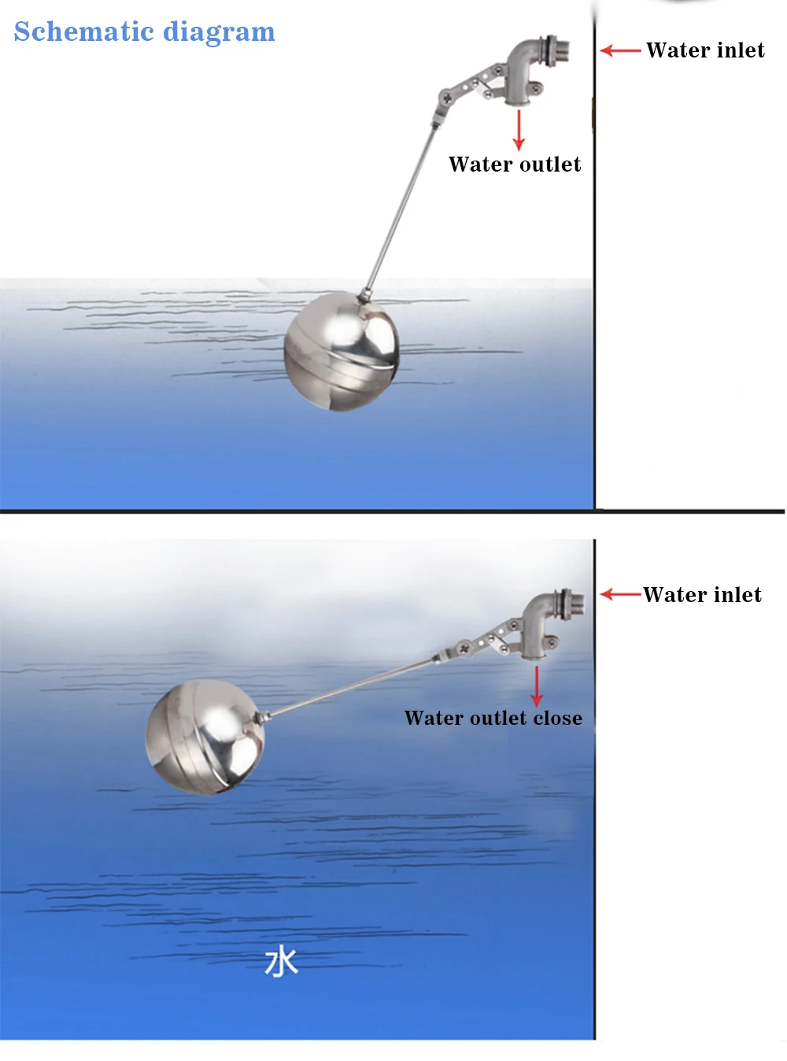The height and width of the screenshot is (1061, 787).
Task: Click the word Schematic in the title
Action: (84, 31)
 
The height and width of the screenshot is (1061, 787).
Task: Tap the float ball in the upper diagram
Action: (342, 351)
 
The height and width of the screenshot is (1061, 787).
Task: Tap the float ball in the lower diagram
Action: (205, 738)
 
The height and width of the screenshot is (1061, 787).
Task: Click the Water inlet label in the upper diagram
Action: (705, 50)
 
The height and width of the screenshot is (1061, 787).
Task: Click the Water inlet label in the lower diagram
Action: (702, 594)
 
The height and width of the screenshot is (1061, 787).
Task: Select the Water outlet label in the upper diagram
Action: (515, 164)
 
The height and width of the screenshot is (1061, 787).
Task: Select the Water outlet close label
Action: (493, 718)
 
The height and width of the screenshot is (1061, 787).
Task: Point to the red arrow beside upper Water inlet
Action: (620, 50)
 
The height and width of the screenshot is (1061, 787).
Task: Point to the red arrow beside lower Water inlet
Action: (620, 594)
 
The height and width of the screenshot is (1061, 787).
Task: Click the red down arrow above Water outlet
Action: (519, 130)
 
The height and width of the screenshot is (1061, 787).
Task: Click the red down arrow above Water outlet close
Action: (537, 686)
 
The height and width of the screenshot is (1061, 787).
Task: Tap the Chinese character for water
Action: (281, 962)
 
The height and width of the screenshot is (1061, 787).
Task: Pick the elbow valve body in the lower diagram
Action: (540, 625)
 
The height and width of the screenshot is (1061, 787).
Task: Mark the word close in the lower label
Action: (557, 718)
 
